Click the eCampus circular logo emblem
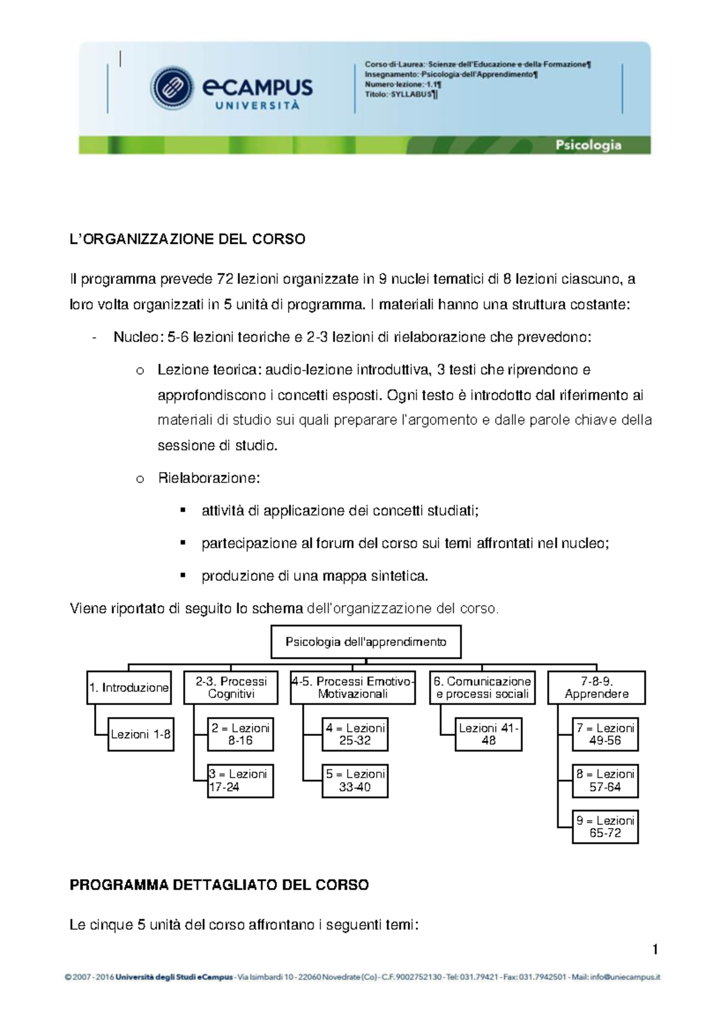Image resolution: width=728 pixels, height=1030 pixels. [x=172, y=88]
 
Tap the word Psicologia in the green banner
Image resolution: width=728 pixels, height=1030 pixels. [x=588, y=145]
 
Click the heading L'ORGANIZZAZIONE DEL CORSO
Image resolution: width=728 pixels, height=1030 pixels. [x=187, y=239]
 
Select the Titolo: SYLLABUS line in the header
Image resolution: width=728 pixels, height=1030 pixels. [x=400, y=95]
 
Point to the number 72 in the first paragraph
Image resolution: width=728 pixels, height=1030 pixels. [x=224, y=280]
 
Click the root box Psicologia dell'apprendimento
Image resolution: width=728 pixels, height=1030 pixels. [x=365, y=642]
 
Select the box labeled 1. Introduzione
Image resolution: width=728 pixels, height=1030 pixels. [x=129, y=687]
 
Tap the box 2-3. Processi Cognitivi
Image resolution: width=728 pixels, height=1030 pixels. [x=231, y=687]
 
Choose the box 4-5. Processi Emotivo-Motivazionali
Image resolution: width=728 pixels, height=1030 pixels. [x=352, y=687]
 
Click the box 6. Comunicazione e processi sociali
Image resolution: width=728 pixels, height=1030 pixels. [x=482, y=687]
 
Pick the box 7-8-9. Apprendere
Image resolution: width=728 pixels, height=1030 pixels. [x=596, y=687]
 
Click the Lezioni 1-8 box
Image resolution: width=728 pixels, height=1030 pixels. [x=141, y=734]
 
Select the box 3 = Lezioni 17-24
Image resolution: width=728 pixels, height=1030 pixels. [x=240, y=781]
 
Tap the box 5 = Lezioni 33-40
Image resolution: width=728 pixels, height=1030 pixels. [x=355, y=781]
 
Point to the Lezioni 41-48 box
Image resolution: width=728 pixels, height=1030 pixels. [x=488, y=734]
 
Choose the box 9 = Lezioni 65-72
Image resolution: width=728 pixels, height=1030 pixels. [x=605, y=827]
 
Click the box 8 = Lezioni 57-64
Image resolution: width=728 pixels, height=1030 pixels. [x=605, y=781]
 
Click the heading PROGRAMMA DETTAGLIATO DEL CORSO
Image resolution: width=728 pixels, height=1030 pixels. [x=219, y=885]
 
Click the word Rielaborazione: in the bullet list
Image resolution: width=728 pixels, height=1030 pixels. [x=209, y=478]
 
